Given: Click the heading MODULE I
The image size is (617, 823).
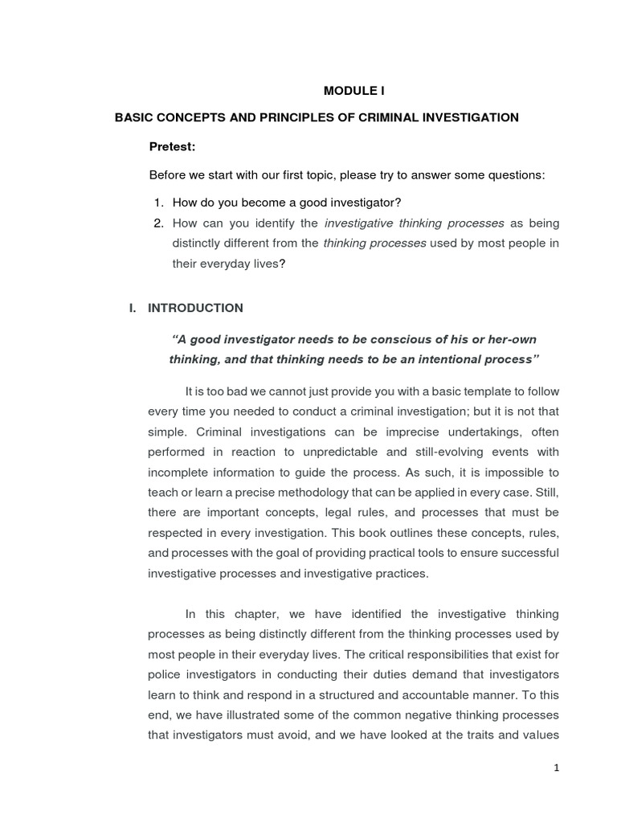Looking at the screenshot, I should coord(348,91).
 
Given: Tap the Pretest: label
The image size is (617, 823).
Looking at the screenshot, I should coord(173,146).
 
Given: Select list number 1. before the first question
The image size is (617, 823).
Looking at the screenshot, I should coord(159,202).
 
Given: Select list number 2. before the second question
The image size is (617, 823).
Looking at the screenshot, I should coord(159,223).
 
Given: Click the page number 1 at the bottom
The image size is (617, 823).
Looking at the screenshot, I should coord(556,768).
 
